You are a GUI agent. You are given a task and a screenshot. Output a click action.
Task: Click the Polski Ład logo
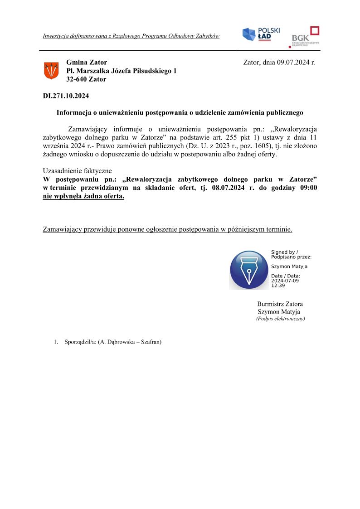tap(261, 34)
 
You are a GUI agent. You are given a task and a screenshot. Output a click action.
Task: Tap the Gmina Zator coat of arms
tap(51, 70)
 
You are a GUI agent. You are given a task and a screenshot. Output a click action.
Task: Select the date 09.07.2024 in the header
tap(292, 63)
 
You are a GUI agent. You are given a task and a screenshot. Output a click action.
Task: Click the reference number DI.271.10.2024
tap(66, 96)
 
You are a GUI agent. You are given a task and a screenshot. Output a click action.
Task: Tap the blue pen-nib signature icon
tap(248, 270)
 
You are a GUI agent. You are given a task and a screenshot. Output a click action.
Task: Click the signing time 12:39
tap(278, 286)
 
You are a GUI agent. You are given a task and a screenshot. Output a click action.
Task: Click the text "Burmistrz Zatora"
tap(280, 304)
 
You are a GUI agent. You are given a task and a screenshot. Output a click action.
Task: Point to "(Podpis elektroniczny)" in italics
tap(280, 319)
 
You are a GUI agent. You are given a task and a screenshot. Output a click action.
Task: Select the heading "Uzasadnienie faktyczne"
tap(77, 171)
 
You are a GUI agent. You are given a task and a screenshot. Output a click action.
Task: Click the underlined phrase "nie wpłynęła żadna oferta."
tap(83, 197)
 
